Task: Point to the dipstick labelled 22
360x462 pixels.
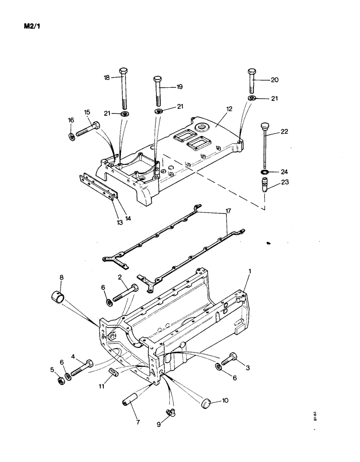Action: pos(265,143)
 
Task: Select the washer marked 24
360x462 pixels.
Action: pos(265,172)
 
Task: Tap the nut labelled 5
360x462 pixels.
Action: pos(60,380)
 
